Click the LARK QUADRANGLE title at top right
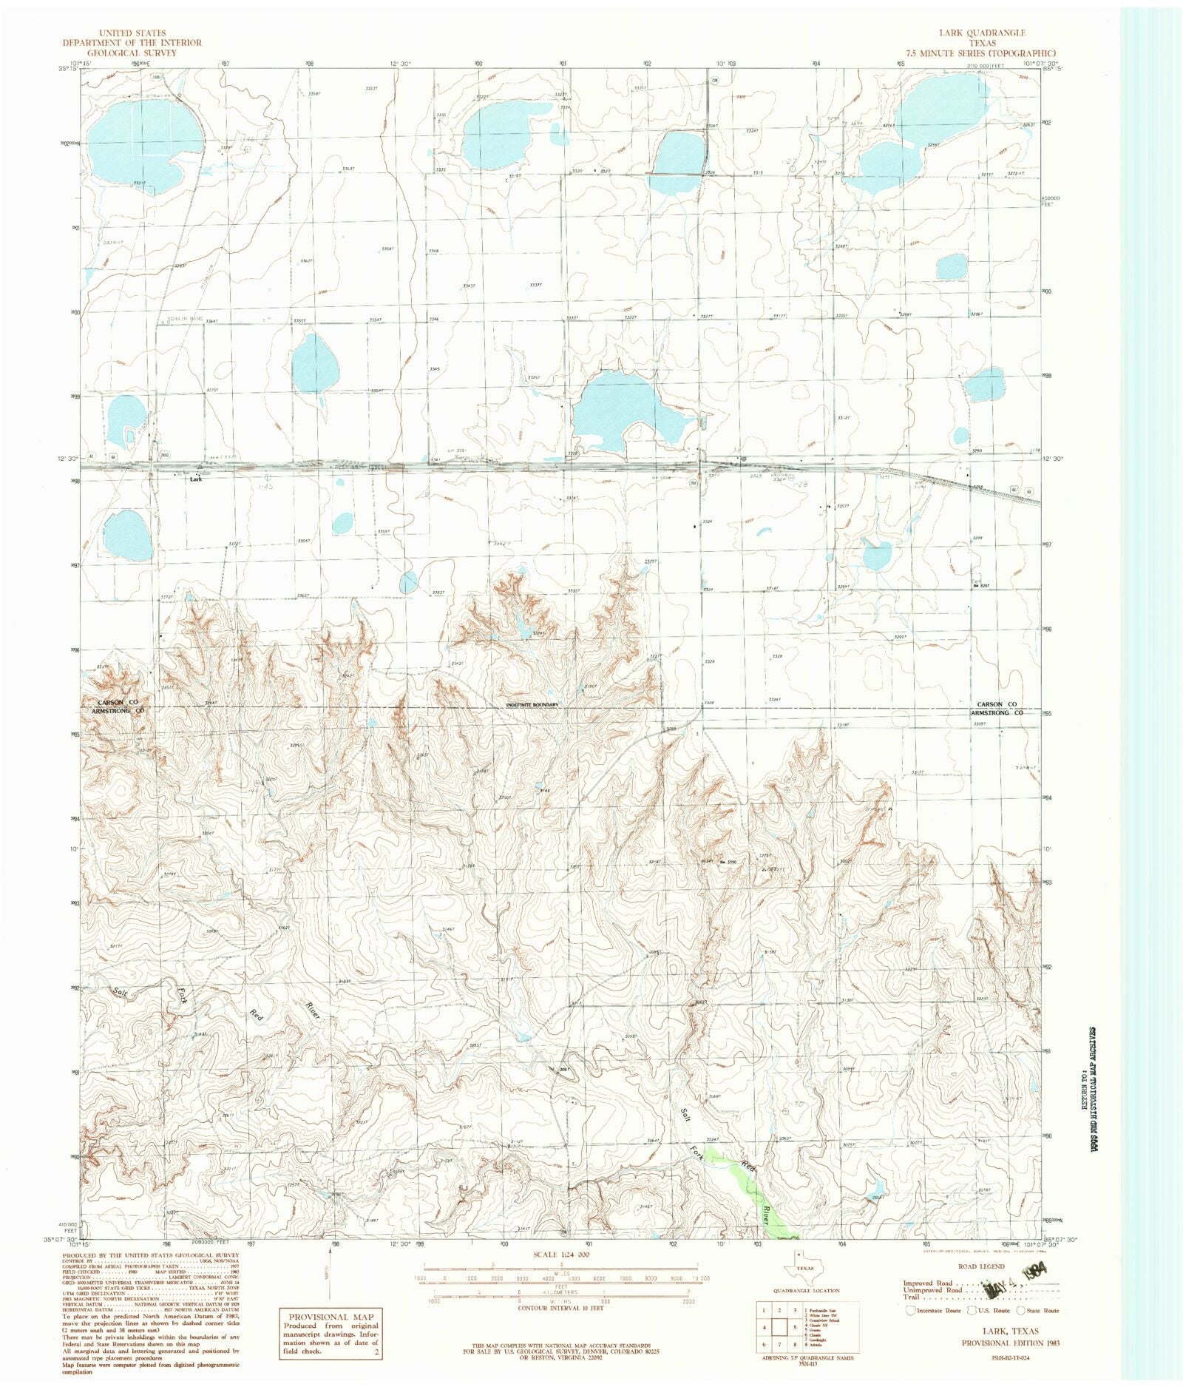point(981,33)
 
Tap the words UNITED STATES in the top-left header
point(132,33)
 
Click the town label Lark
point(195,479)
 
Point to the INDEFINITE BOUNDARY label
point(532,705)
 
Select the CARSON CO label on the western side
point(118,701)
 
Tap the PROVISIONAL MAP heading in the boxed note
point(331,1317)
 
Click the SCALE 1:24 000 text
point(561,1255)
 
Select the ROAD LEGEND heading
point(980,1266)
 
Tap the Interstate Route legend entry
point(934,1310)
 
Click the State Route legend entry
point(1038,1310)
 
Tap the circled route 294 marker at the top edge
point(714,80)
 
